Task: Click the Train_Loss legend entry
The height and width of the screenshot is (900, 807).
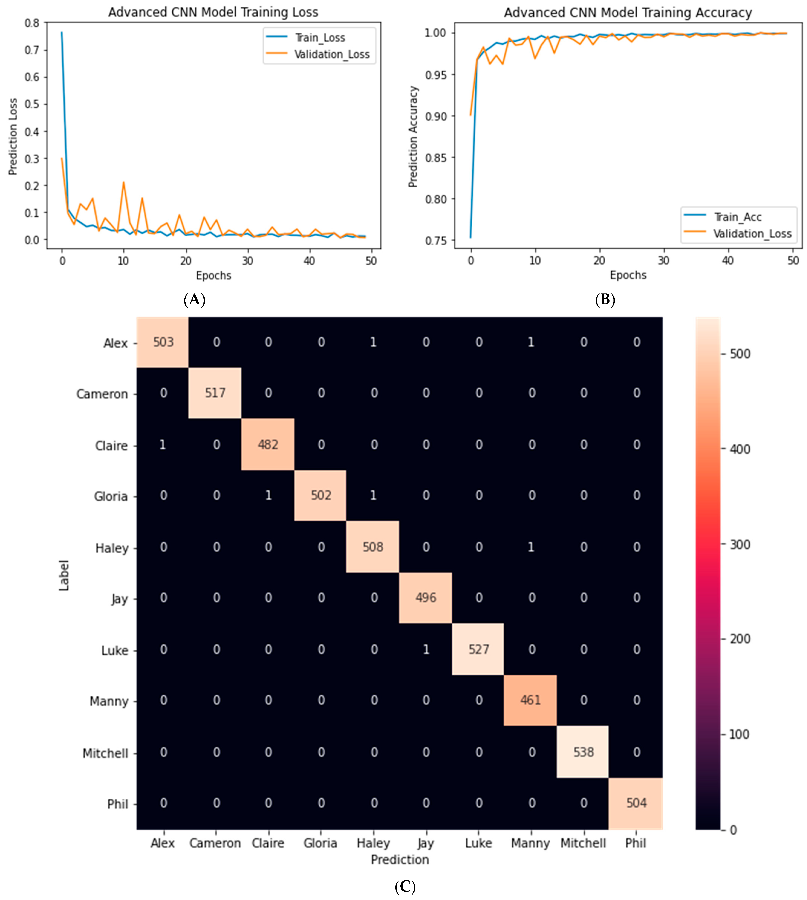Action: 319,38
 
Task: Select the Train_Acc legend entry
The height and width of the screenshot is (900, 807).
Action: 737,217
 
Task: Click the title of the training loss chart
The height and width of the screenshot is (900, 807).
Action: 213,12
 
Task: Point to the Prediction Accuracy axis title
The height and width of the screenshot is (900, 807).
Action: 413,137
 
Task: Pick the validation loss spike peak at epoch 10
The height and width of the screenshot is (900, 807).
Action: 124,182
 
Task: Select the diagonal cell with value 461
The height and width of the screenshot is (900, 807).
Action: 530,700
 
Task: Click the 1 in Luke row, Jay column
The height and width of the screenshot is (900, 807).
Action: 426,649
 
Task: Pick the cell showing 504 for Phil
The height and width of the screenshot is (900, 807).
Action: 636,803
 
